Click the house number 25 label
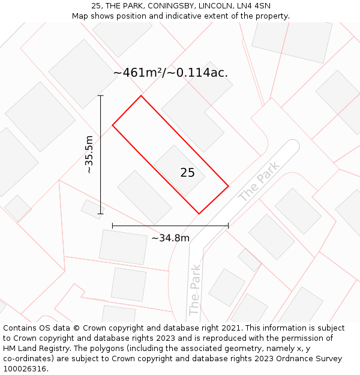[x=187, y=173]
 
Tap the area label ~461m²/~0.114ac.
[x=170, y=73]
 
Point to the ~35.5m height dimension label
[x=89, y=154]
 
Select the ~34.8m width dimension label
[x=170, y=238]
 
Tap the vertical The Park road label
[x=194, y=290]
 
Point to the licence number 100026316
[x=25, y=369]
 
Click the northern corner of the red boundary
[x=141, y=95]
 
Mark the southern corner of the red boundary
[x=199, y=214]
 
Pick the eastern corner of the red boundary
[x=229, y=186]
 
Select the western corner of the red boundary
[x=112, y=125]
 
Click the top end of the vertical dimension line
[x=100, y=95]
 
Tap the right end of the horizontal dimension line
[x=229, y=226]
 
